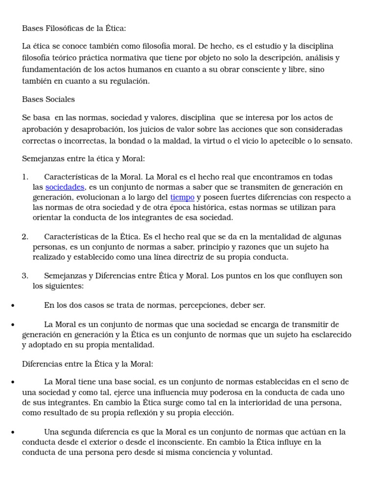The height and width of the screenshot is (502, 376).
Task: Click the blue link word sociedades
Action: point(65,187)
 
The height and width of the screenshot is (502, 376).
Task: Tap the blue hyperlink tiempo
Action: point(182,198)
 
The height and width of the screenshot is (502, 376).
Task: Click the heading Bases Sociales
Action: point(48,99)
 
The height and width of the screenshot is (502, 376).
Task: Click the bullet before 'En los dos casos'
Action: point(12,305)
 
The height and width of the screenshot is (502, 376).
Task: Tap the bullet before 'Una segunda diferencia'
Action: point(12,432)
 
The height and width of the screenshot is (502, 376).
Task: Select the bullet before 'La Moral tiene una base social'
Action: point(12,382)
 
